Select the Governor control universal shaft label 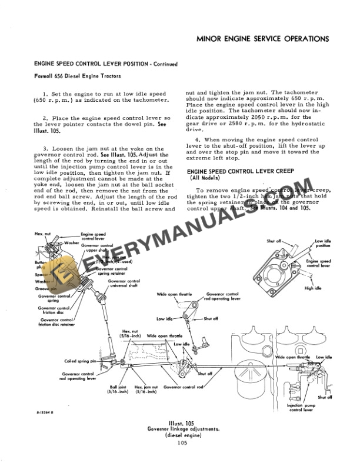124,285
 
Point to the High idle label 314,288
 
